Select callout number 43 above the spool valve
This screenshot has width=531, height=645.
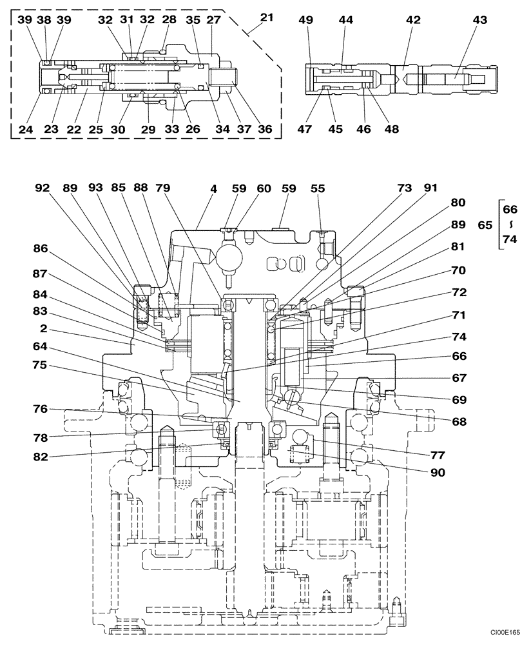479,20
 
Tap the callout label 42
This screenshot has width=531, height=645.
413,20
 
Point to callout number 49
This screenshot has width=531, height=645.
307,20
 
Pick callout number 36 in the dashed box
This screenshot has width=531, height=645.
264,129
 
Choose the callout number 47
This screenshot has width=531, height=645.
305,129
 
